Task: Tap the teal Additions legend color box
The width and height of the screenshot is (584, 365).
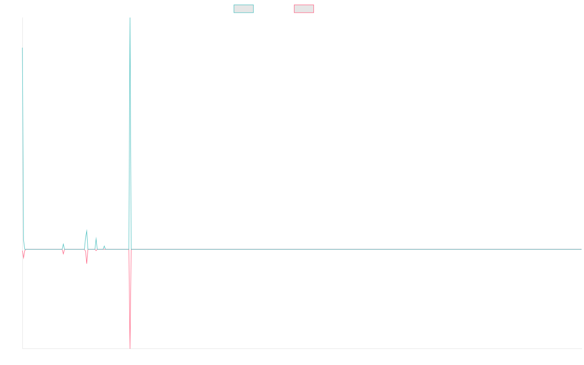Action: pyautogui.click(x=244, y=9)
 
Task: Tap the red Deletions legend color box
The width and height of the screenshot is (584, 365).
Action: pyautogui.click(x=304, y=9)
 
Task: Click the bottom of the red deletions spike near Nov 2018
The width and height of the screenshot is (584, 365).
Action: pyautogui.click(x=130, y=347)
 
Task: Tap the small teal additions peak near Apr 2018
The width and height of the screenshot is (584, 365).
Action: pyautogui.click(x=87, y=230)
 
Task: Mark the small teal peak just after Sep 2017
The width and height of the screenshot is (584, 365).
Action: pyautogui.click(x=63, y=244)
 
